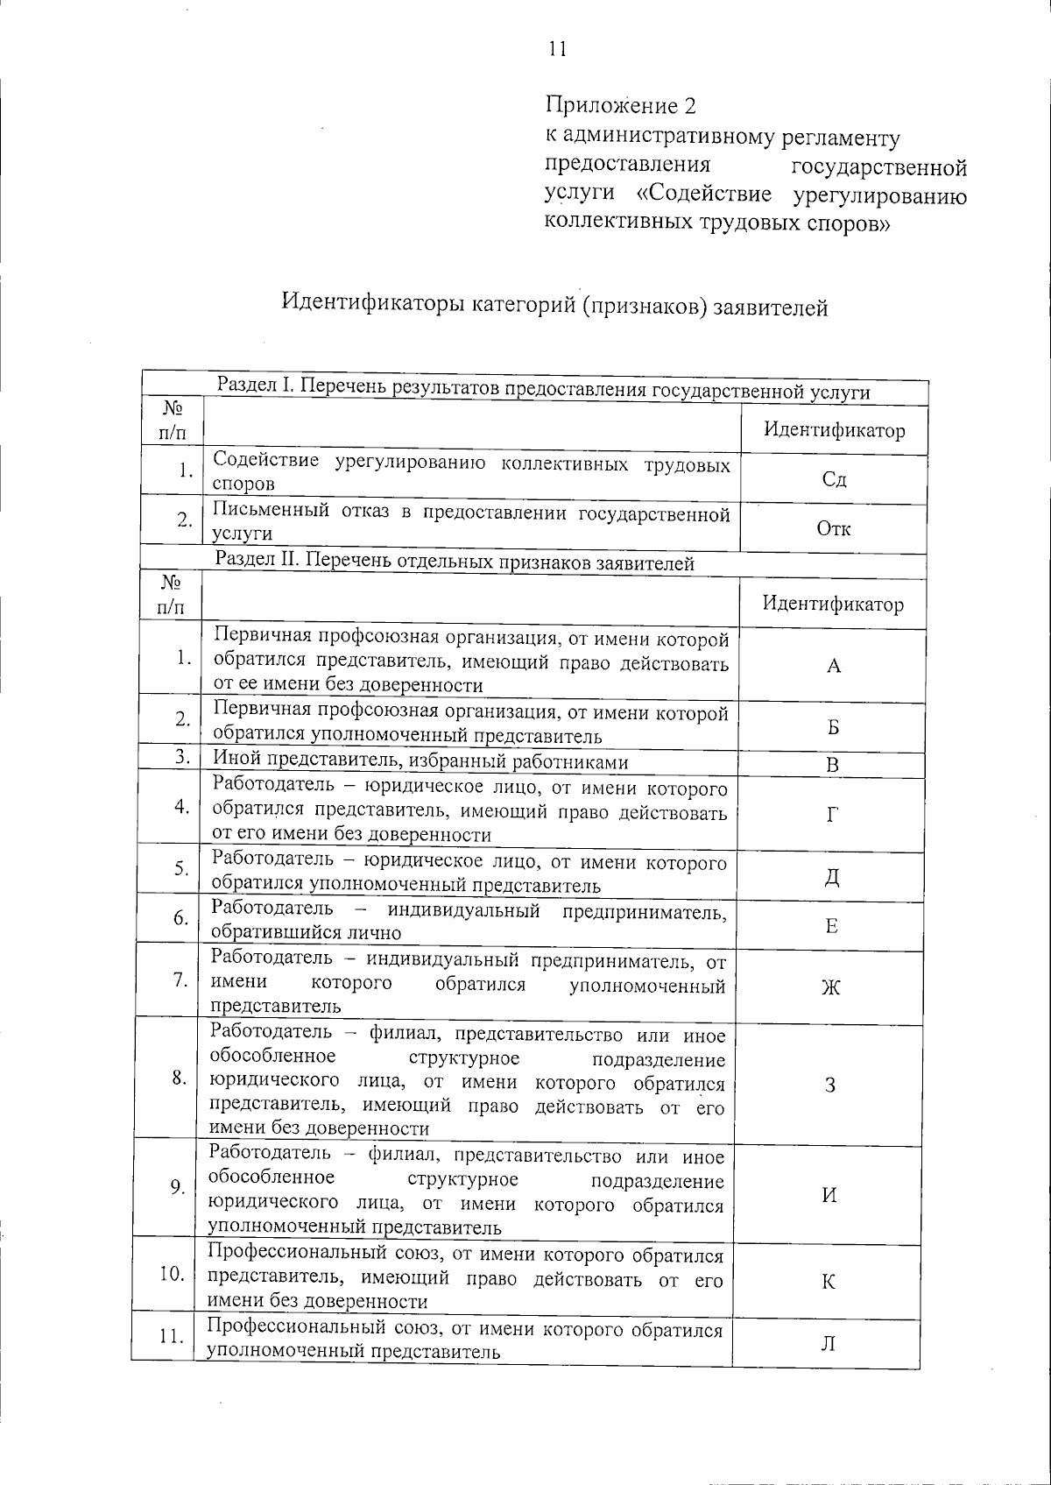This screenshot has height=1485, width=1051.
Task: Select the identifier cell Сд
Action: (834, 479)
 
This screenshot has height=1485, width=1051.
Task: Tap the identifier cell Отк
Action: (833, 528)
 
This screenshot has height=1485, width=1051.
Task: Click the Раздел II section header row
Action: (455, 563)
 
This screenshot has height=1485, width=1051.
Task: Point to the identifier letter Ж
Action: (831, 987)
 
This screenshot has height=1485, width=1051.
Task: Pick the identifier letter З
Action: (830, 1085)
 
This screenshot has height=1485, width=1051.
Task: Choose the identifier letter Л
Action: (828, 1343)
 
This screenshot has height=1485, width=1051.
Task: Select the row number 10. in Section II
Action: (171, 1273)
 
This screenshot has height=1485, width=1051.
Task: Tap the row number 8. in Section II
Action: (179, 1078)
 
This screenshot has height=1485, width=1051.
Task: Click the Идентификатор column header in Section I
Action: (834, 430)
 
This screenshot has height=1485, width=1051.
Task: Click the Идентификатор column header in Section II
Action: (832, 604)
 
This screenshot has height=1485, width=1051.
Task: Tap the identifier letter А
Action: (833, 666)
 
